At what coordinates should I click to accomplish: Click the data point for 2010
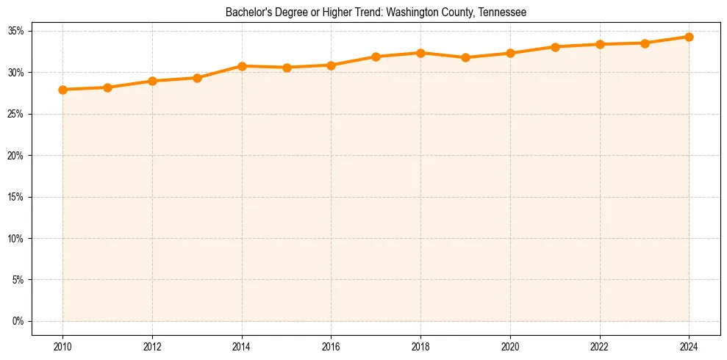[62, 90]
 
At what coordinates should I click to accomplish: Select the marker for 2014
[242, 66]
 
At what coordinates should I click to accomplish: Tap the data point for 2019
[465, 57]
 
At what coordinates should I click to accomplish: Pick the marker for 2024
[689, 37]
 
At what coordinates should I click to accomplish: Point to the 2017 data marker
[376, 57]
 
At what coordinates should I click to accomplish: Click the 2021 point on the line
[555, 47]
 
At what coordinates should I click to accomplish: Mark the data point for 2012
[152, 81]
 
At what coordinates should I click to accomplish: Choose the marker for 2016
[331, 65]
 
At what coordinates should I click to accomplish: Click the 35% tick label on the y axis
[17, 31]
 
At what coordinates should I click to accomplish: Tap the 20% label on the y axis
[17, 156]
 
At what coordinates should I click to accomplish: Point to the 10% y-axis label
[17, 239]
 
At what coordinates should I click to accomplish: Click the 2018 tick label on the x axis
[420, 347]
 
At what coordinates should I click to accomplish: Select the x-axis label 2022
[599, 347]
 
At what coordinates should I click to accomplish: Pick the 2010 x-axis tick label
[62, 347]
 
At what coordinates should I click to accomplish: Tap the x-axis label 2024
[689, 347]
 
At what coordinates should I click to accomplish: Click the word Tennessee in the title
[503, 12]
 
